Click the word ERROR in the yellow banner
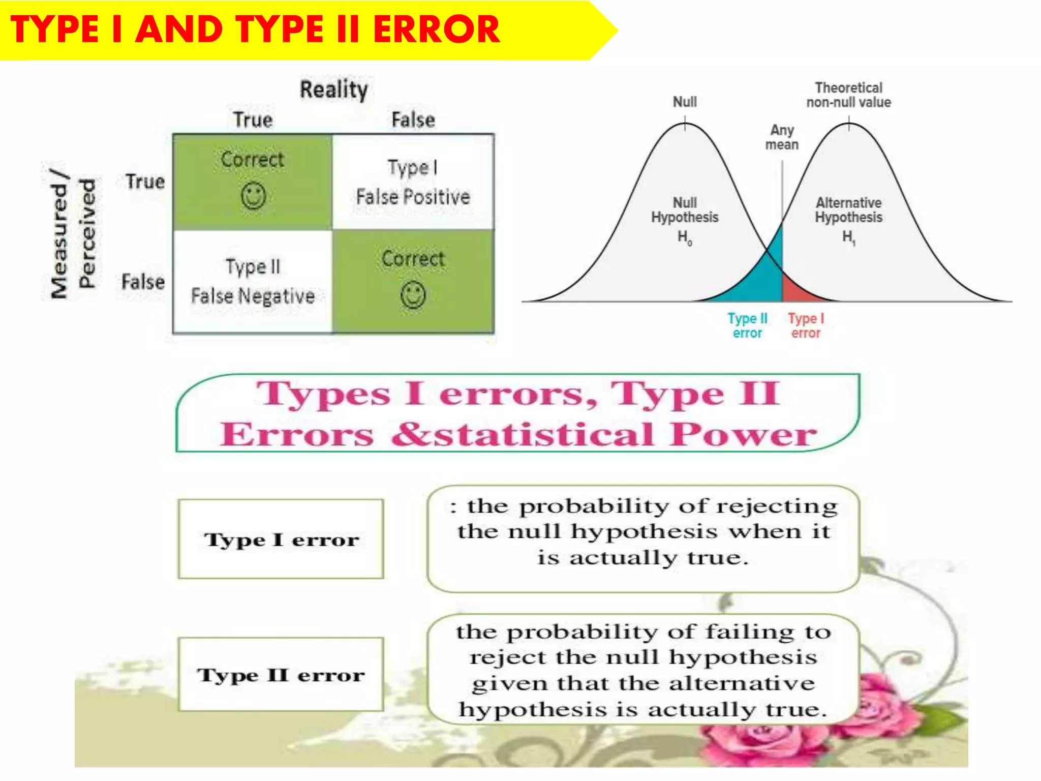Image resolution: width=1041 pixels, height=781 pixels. click(x=436, y=29)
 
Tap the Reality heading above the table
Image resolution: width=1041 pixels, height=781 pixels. click(x=333, y=90)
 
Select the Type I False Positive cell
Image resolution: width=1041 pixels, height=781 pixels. click(x=413, y=182)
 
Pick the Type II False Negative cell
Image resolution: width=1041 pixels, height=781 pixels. click(x=253, y=281)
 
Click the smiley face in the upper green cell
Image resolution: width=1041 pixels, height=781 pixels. click(x=253, y=196)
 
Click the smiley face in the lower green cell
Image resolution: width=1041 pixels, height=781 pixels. click(x=413, y=295)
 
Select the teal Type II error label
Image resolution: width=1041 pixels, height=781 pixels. click(x=747, y=325)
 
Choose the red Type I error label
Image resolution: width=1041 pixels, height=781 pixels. click(x=806, y=325)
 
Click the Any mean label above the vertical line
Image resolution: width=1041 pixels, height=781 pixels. click(x=782, y=137)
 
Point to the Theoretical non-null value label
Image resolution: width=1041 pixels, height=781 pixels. click(x=848, y=95)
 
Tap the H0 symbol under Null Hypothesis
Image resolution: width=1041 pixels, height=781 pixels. click(x=684, y=237)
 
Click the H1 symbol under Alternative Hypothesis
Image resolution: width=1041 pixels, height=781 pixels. click(x=848, y=237)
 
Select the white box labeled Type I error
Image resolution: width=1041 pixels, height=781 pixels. click(x=281, y=539)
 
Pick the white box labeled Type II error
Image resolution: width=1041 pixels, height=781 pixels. click(x=281, y=674)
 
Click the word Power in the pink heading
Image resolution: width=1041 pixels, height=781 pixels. click(x=742, y=435)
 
